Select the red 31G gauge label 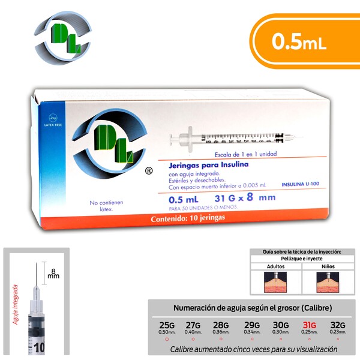pyautogui.click(x=310, y=325)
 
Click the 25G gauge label pyautogui.click(x=167, y=325)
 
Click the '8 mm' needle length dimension pyautogui.click(x=55, y=274)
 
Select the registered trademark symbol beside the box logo pyautogui.click(x=149, y=170)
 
